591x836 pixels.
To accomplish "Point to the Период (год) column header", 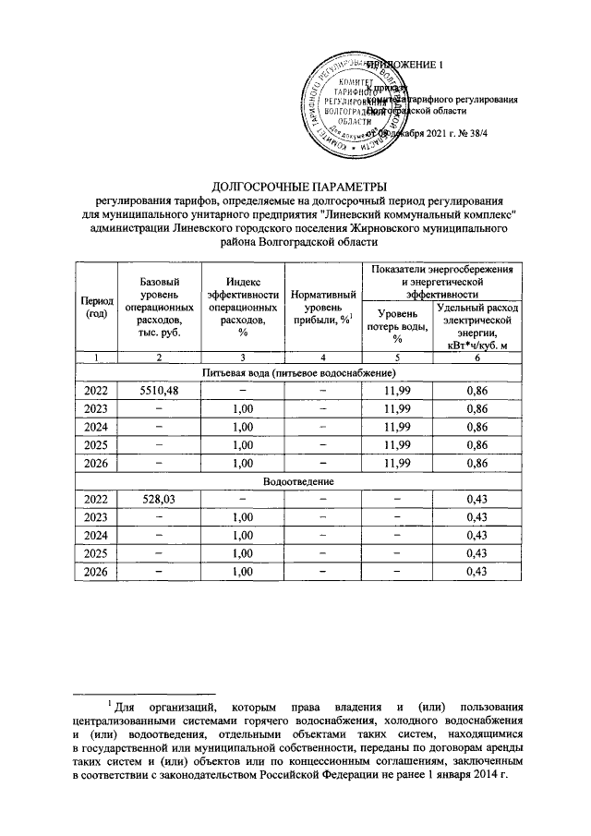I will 97,308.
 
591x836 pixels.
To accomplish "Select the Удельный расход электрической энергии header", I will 478,326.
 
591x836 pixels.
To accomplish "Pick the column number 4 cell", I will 322,357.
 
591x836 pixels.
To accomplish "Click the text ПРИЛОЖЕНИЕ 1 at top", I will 406,64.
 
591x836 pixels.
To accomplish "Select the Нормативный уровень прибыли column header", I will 322,307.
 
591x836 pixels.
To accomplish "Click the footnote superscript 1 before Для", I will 108,706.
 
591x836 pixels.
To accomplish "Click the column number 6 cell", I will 478,357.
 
